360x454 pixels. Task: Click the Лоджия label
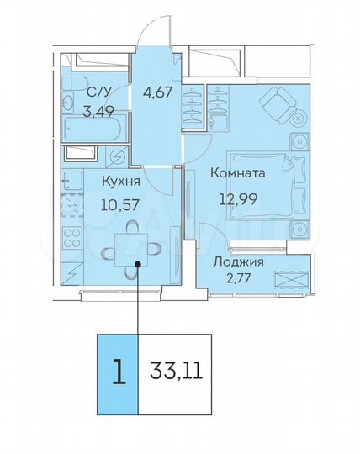(238, 261)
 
